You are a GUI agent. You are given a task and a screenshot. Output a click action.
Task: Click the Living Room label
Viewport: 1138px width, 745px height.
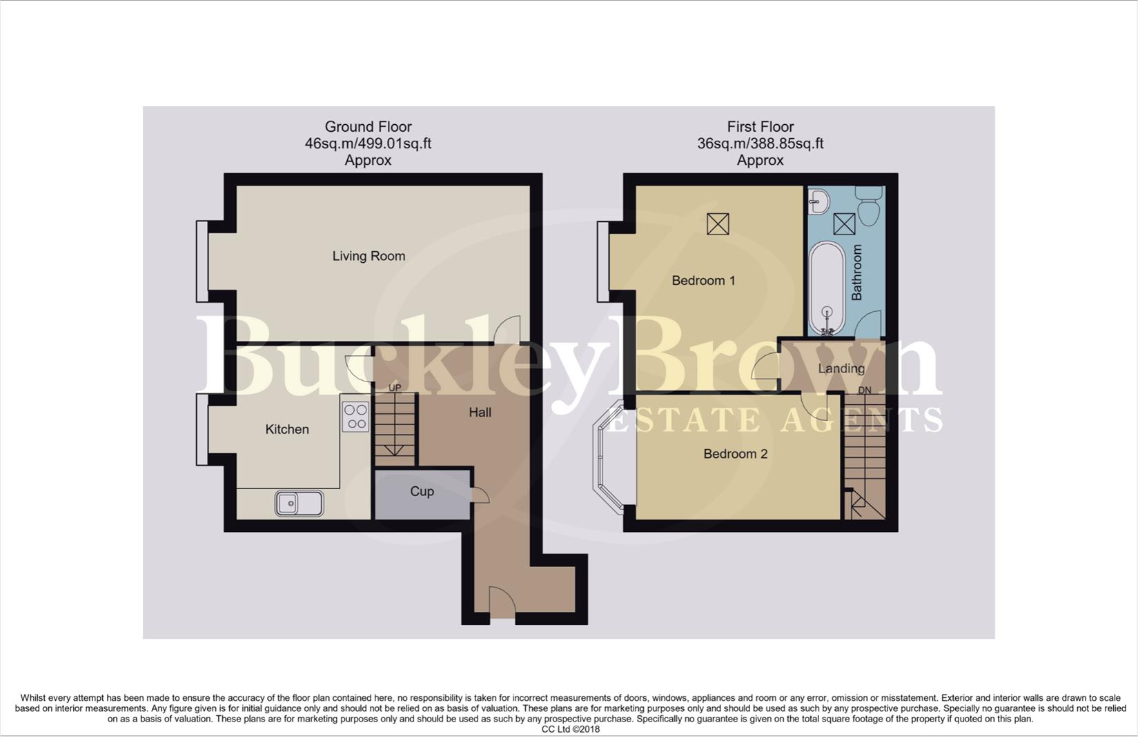(x=369, y=256)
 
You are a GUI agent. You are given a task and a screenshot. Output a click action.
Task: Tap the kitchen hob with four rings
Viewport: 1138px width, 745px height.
(x=355, y=417)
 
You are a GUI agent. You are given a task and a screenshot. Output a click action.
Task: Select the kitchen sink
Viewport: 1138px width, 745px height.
(x=299, y=503)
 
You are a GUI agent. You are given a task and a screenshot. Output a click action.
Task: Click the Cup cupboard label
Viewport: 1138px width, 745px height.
(x=422, y=491)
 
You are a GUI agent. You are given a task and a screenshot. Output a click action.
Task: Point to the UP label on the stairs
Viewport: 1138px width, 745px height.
(x=395, y=388)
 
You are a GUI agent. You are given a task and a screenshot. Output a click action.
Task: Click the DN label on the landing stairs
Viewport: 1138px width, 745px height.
(x=864, y=390)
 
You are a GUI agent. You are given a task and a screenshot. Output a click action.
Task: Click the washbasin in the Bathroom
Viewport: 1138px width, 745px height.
(x=820, y=201)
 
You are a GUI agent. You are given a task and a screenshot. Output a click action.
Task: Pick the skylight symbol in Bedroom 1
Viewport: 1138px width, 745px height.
(x=718, y=223)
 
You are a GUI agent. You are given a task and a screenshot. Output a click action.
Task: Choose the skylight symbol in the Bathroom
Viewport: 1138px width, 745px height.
(x=844, y=224)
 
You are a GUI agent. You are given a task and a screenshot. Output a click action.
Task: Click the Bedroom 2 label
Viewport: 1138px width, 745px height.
(x=735, y=454)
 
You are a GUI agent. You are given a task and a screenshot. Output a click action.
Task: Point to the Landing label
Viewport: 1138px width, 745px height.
(x=841, y=368)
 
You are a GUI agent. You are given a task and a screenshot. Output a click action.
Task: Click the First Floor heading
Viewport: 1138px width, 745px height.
(x=760, y=127)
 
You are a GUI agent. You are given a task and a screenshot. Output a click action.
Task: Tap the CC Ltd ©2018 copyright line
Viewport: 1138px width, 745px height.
(x=570, y=729)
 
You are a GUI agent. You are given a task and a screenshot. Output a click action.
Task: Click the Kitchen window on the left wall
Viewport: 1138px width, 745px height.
(x=202, y=429)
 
